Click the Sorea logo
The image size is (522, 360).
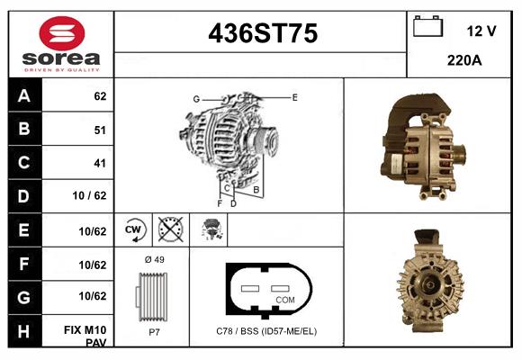(x=61, y=44)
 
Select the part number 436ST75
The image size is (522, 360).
(x=262, y=34)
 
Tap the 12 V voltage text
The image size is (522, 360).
(x=481, y=31)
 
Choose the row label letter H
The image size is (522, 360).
(x=24, y=330)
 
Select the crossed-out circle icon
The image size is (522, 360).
(x=169, y=230)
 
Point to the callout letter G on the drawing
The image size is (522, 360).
(x=195, y=99)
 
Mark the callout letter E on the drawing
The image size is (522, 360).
(x=294, y=96)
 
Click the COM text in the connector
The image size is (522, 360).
(x=285, y=299)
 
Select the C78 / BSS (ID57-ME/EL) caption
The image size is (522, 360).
(x=266, y=331)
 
